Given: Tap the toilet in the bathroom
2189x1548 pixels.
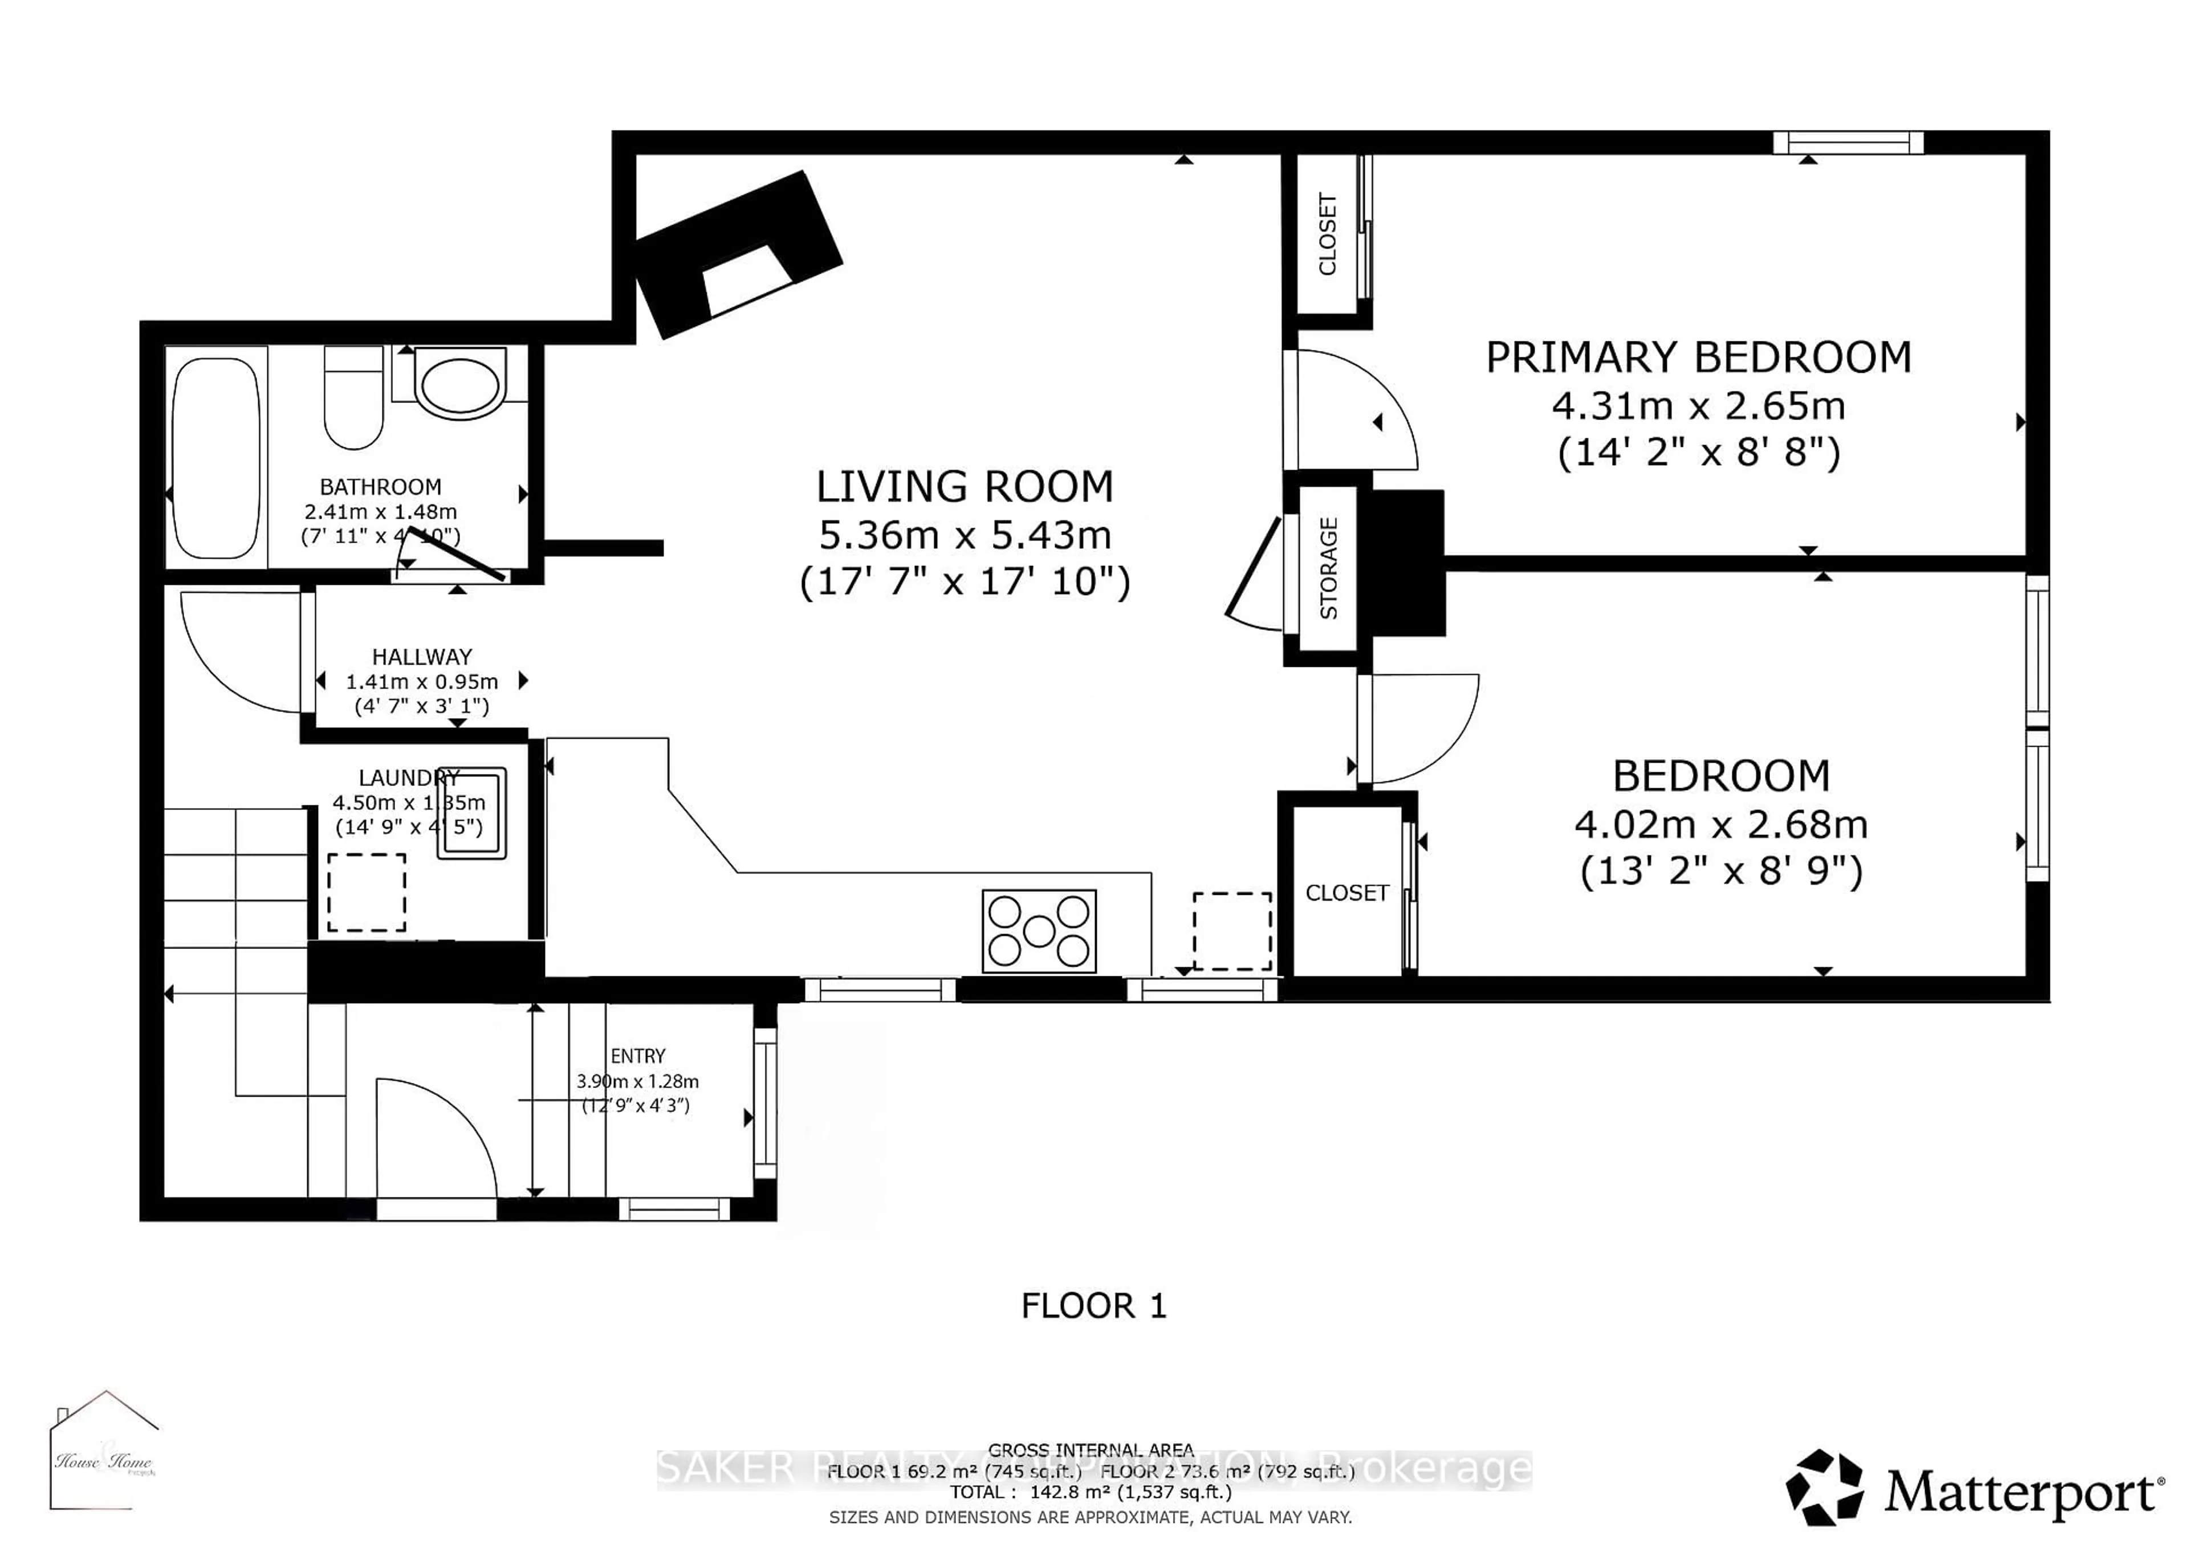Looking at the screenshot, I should click(x=353, y=398).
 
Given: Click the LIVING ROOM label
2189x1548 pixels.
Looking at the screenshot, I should click(x=965, y=487).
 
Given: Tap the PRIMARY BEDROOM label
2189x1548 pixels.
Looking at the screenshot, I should click(x=1698, y=357).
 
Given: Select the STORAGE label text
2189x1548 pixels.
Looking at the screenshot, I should click(x=1328, y=568).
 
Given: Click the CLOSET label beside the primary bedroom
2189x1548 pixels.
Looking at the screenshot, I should click(x=1327, y=234).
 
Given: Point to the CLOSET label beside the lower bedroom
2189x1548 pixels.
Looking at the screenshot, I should click(x=1346, y=893).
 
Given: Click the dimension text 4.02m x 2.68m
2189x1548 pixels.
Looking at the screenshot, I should click(x=1721, y=825).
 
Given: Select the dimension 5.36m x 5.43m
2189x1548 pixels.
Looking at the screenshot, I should click(x=965, y=536).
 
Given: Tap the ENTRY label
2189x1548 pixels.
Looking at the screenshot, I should click(x=638, y=1056).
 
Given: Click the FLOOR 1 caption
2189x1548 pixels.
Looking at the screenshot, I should click(x=1093, y=1306).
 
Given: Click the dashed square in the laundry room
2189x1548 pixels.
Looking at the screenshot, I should click(x=367, y=892).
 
